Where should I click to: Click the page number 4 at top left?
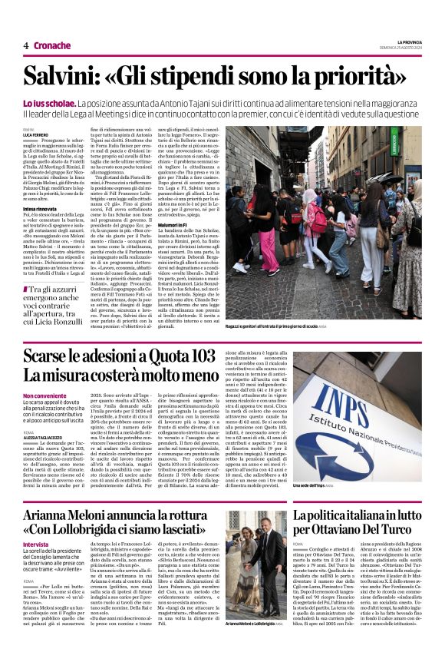(x=26, y=45)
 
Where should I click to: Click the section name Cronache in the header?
(x=52, y=45)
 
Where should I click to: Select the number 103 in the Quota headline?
(x=198, y=356)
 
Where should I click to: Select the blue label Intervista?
(x=36, y=544)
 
